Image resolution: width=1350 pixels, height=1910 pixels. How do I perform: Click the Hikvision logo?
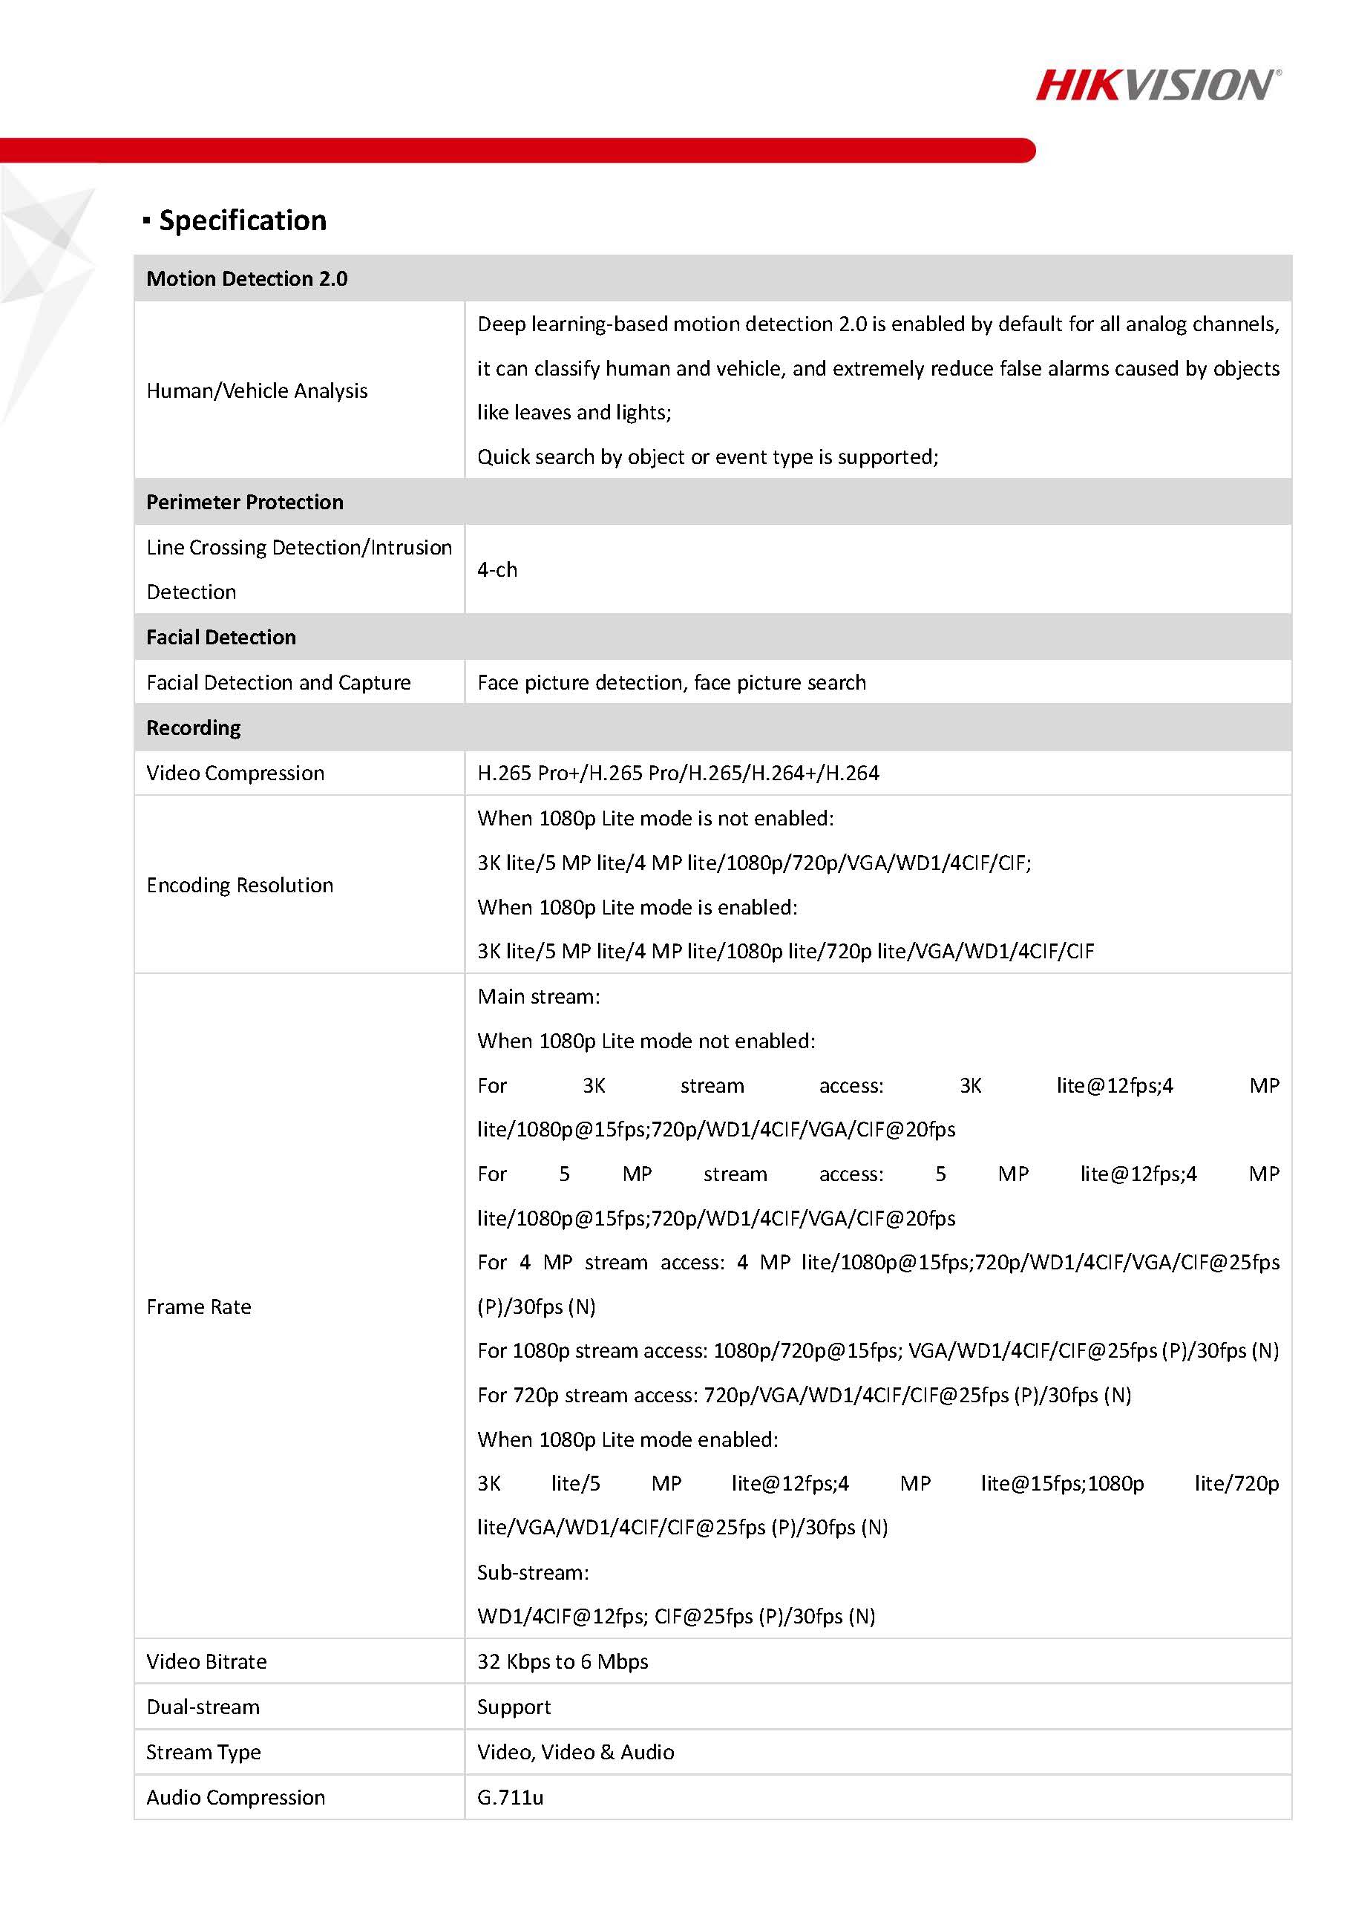click(x=1157, y=85)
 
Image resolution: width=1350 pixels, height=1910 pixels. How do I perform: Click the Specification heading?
click(x=242, y=220)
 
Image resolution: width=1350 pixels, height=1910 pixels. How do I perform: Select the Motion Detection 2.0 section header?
click(x=247, y=278)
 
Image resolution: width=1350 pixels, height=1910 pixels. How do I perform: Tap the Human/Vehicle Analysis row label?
click(x=256, y=391)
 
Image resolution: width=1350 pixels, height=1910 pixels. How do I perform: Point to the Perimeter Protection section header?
click(x=245, y=503)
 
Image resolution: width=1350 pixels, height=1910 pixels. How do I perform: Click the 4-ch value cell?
click(x=497, y=570)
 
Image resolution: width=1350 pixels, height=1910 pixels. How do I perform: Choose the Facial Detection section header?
click(x=221, y=637)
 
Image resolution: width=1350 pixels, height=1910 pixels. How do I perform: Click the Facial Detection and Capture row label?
click(x=278, y=683)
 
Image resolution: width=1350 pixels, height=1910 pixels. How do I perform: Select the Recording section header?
click(x=193, y=728)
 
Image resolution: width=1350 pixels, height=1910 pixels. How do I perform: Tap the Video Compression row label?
click(x=235, y=774)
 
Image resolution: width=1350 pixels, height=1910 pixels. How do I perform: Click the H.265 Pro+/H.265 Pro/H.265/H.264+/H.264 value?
click(x=678, y=774)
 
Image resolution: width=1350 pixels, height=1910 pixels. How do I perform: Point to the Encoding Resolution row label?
click(x=240, y=885)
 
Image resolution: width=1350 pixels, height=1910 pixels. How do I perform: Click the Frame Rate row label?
click(x=199, y=1307)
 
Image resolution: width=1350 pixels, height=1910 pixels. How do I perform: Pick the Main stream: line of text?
click(x=538, y=997)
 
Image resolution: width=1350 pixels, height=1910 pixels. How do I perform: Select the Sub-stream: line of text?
click(x=532, y=1572)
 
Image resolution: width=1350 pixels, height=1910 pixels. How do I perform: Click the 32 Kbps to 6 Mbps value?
click(x=563, y=1661)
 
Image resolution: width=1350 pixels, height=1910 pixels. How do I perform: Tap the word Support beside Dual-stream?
click(x=514, y=1707)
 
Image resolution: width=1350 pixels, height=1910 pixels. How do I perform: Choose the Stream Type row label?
click(x=204, y=1752)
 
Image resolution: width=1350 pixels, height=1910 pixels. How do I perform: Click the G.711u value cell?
click(x=510, y=1797)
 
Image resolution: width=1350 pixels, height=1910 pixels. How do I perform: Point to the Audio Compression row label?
click(x=235, y=1797)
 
